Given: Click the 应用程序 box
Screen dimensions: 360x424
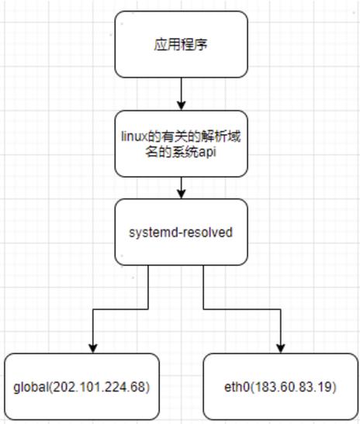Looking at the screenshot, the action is [181, 44].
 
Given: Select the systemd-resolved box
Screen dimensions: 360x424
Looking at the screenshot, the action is [181, 232].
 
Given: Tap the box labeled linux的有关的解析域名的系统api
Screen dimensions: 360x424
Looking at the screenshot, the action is [181, 144].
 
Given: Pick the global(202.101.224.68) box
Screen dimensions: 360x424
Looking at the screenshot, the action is [81, 387].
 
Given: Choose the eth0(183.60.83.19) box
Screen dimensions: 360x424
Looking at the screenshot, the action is [281, 387].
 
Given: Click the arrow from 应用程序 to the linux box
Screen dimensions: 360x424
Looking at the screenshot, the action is [181, 94].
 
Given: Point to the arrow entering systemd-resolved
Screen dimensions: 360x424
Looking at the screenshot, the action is [181, 188].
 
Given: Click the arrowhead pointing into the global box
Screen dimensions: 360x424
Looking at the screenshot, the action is [93, 349].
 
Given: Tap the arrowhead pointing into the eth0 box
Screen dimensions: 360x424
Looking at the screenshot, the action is [281, 349].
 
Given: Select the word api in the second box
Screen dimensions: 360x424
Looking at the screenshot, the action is [207, 153].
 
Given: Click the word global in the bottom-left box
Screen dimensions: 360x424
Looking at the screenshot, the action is [31, 388].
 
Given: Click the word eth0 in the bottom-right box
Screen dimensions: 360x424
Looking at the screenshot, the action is [237, 387].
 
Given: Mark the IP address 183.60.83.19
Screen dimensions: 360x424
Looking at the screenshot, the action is [292, 387].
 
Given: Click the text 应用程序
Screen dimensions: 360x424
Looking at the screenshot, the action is [181, 44].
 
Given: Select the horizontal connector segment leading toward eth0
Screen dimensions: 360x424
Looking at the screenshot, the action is [242, 309].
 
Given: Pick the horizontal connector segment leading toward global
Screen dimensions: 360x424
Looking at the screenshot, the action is [120, 309].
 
